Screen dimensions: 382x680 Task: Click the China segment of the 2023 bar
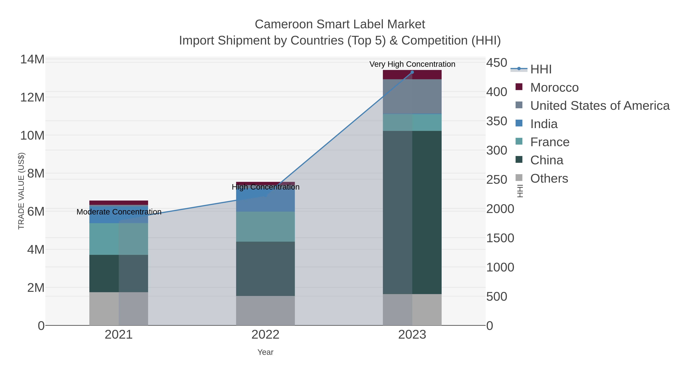[412, 212]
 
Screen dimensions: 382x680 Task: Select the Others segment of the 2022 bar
[265, 311]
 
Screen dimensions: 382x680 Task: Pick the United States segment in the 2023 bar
[412, 96]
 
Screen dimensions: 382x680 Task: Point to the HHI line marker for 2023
[412, 72]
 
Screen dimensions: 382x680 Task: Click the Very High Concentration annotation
[412, 64]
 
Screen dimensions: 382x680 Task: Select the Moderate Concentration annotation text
[119, 212]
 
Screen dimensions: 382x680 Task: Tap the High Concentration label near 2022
[265, 187]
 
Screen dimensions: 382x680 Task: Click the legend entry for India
[544, 124]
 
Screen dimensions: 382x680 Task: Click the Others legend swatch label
[549, 178]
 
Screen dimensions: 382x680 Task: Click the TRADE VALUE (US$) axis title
[21, 191]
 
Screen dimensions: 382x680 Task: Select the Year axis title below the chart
[265, 352]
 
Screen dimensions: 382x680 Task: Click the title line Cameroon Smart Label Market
[340, 24]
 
